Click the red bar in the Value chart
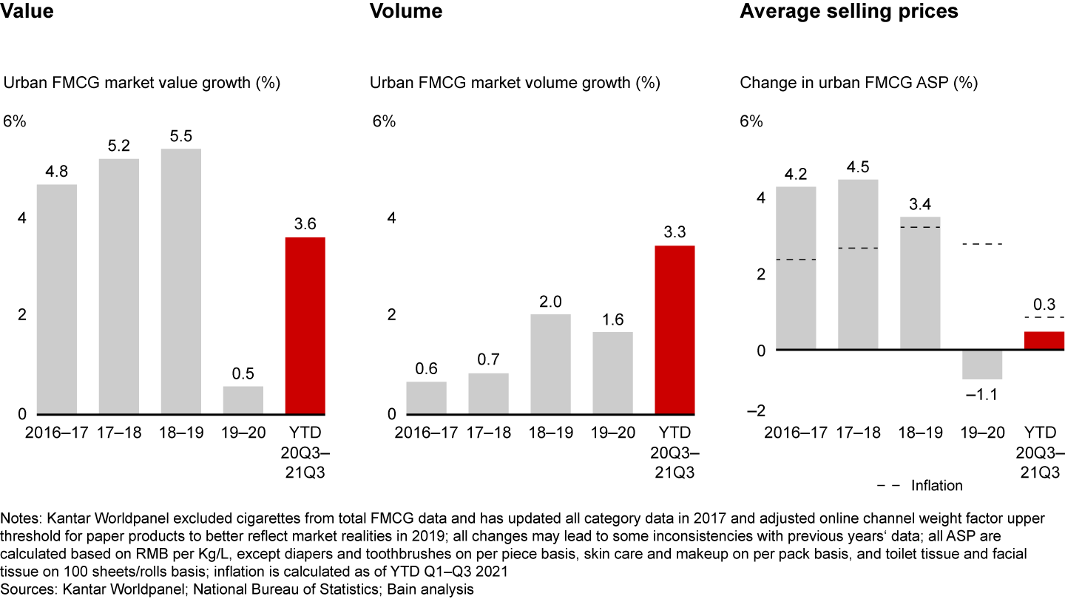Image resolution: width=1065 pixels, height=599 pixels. (305, 325)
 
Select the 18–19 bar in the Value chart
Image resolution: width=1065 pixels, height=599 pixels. (180, 281)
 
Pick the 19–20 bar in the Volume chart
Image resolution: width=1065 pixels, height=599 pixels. (612, 373)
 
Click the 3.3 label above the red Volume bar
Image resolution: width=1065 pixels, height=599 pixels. (674, 231)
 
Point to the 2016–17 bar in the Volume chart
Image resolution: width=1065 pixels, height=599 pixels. (426, 397)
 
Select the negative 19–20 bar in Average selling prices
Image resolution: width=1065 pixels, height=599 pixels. (982, 364)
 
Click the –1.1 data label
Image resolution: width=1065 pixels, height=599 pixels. (981, 395)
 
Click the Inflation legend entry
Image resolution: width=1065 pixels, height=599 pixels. (936, 485)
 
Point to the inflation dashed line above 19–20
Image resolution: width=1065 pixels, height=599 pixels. (982, 244)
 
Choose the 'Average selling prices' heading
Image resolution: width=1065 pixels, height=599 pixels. (849, 11)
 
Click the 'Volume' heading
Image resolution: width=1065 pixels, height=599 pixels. (406, 11)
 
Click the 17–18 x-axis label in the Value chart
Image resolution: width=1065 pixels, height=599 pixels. (119, 432)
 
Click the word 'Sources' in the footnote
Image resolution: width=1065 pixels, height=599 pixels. (25, 589)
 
